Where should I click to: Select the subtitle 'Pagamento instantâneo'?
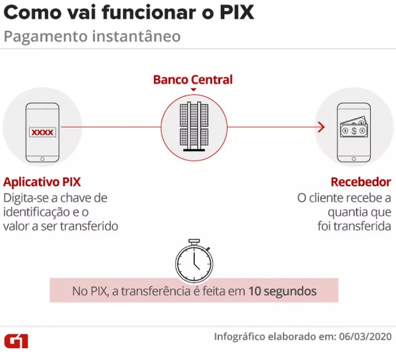(x=92, y=36)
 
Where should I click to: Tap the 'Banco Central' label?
(x=193, y=80)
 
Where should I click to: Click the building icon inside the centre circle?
(x=193, y=127)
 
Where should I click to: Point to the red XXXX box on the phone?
(x=42, y=132)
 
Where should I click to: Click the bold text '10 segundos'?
(x=283, y=291)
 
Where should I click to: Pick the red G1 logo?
(x=16, y=341)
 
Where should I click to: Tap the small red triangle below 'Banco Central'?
(x=193, y=89)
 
